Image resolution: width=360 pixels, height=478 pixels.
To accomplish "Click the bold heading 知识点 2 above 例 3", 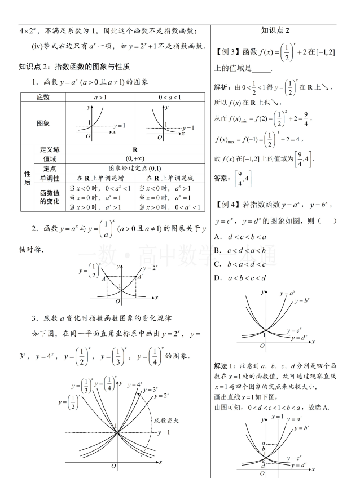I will (x=275, y=30).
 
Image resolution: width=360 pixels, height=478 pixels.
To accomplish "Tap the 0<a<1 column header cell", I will (x=170, y=98).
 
